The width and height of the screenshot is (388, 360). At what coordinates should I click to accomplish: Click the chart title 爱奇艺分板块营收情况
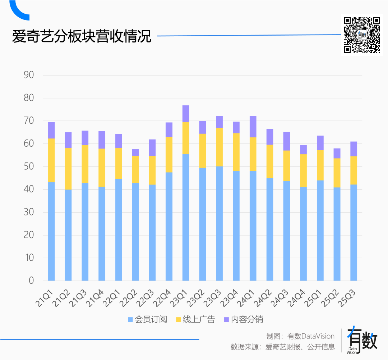pos(82,37)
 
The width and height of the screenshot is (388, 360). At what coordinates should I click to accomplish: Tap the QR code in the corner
pos(362,35)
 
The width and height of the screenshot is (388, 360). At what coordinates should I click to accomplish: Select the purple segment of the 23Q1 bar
pos(186,114)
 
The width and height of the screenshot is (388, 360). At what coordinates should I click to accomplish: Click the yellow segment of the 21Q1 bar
pos(51,160)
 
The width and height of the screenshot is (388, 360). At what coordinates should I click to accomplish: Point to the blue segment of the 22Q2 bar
pos(135,232)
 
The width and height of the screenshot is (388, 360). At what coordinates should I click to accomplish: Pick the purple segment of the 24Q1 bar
pos(253,127)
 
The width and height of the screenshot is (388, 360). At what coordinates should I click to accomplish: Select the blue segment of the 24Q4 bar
pos(304,234)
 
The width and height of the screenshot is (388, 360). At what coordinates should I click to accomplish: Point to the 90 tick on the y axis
pos(29,75)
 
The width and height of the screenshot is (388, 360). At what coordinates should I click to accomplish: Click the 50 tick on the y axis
pos(29,167)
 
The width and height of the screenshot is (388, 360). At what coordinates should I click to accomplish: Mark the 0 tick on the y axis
pos(31,281)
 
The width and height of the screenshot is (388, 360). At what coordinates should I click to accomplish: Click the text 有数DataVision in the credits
pos(311,336)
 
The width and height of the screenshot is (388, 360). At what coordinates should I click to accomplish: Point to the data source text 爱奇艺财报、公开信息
pos(300,347)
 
